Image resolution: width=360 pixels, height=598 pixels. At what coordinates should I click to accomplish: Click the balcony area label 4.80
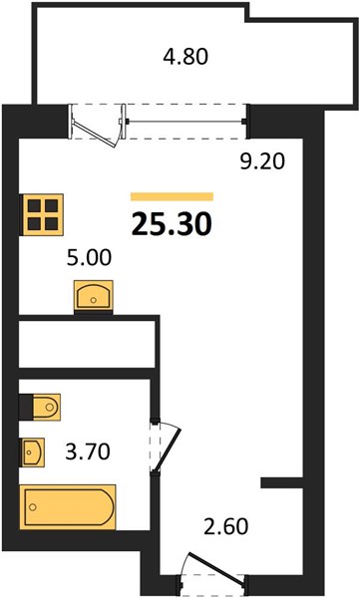tap(185, 57)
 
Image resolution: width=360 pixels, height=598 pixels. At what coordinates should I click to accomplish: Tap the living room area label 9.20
tap(262, 161)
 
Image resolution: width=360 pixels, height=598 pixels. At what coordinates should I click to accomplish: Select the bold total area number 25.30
tap(172, 224)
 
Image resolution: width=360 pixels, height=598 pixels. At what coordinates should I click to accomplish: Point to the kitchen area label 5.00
tap(89, 257)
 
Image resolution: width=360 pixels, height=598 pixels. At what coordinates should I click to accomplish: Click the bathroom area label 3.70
tap(88, 451)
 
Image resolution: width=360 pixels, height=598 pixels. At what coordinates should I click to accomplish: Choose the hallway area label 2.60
tap(226, 526)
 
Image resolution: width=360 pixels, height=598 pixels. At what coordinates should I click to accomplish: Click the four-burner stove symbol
tap(41, 214)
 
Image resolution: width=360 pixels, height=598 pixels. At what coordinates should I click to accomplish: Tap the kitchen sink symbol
tap(94, 297)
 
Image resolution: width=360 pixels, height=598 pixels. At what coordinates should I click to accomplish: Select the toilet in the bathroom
tap(40, 407)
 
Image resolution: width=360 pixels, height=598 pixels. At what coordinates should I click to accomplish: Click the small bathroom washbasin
tap(32, 451)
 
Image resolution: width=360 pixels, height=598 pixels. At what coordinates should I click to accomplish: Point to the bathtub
tap(68, 507)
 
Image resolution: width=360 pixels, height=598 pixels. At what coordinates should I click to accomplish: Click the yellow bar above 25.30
tap(172, 196)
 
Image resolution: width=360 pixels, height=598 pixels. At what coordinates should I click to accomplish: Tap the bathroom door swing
tap(166, 447)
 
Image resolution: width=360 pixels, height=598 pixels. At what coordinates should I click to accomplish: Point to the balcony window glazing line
tap(185, 122)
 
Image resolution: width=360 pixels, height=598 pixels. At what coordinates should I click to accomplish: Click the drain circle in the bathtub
tap(33, 507)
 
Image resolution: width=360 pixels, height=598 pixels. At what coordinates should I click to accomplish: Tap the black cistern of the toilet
tap(26, 407)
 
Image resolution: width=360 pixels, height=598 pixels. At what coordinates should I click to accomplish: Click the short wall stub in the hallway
tap(282, 482)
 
